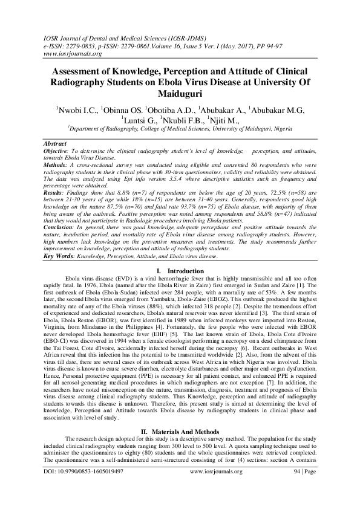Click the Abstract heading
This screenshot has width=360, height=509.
point(55,143)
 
